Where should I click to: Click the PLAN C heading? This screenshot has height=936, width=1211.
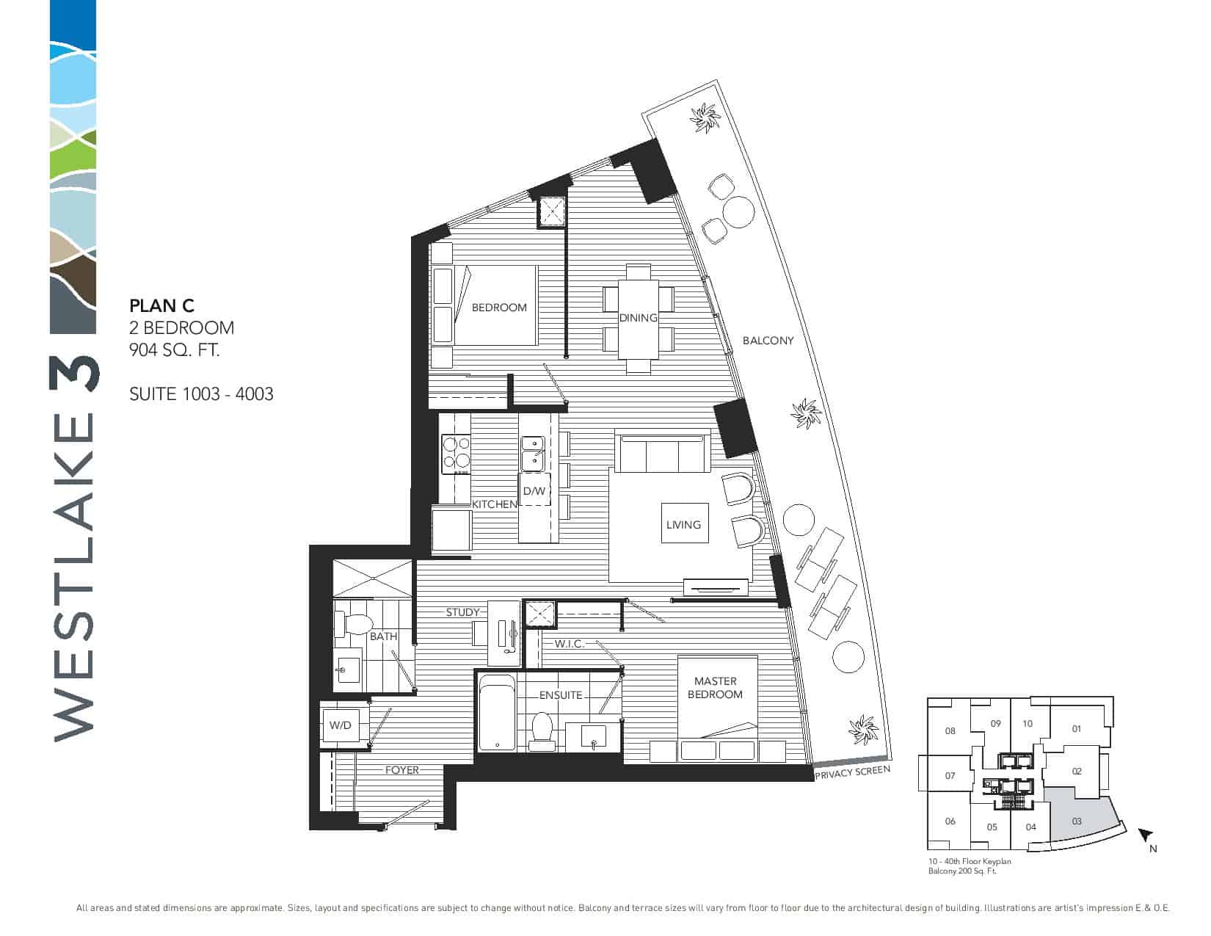tap(161, 306)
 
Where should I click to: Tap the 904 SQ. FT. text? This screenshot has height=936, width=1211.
tap(175, 350)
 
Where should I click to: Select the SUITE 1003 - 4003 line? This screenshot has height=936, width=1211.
tap(201, 394)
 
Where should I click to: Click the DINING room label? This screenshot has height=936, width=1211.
tap(638, 318)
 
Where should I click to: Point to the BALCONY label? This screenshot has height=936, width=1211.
tap(768, 341)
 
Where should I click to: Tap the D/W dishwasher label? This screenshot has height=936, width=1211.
tap(534, 491)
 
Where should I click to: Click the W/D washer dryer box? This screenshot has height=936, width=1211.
tap(341, 725)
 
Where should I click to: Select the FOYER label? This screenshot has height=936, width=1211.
tap(401, 770)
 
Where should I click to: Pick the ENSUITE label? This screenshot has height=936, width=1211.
tap(561, 695)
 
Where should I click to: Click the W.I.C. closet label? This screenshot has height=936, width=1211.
tap(569, 644)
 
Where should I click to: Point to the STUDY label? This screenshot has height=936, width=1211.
tap(462, 612)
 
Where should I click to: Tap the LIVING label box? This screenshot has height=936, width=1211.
tap(685, 523)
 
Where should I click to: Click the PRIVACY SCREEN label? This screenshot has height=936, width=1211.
tap(853, 773)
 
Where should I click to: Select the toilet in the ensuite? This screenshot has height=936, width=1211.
tap(542, 729)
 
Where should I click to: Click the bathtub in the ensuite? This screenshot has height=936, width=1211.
tap(497, 713)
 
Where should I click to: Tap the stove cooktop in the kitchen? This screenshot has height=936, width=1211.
tap(456, 454)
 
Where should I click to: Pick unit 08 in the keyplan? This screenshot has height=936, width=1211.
tap(950, 731)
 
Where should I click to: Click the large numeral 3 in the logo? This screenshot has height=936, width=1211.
tap(75, 374)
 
